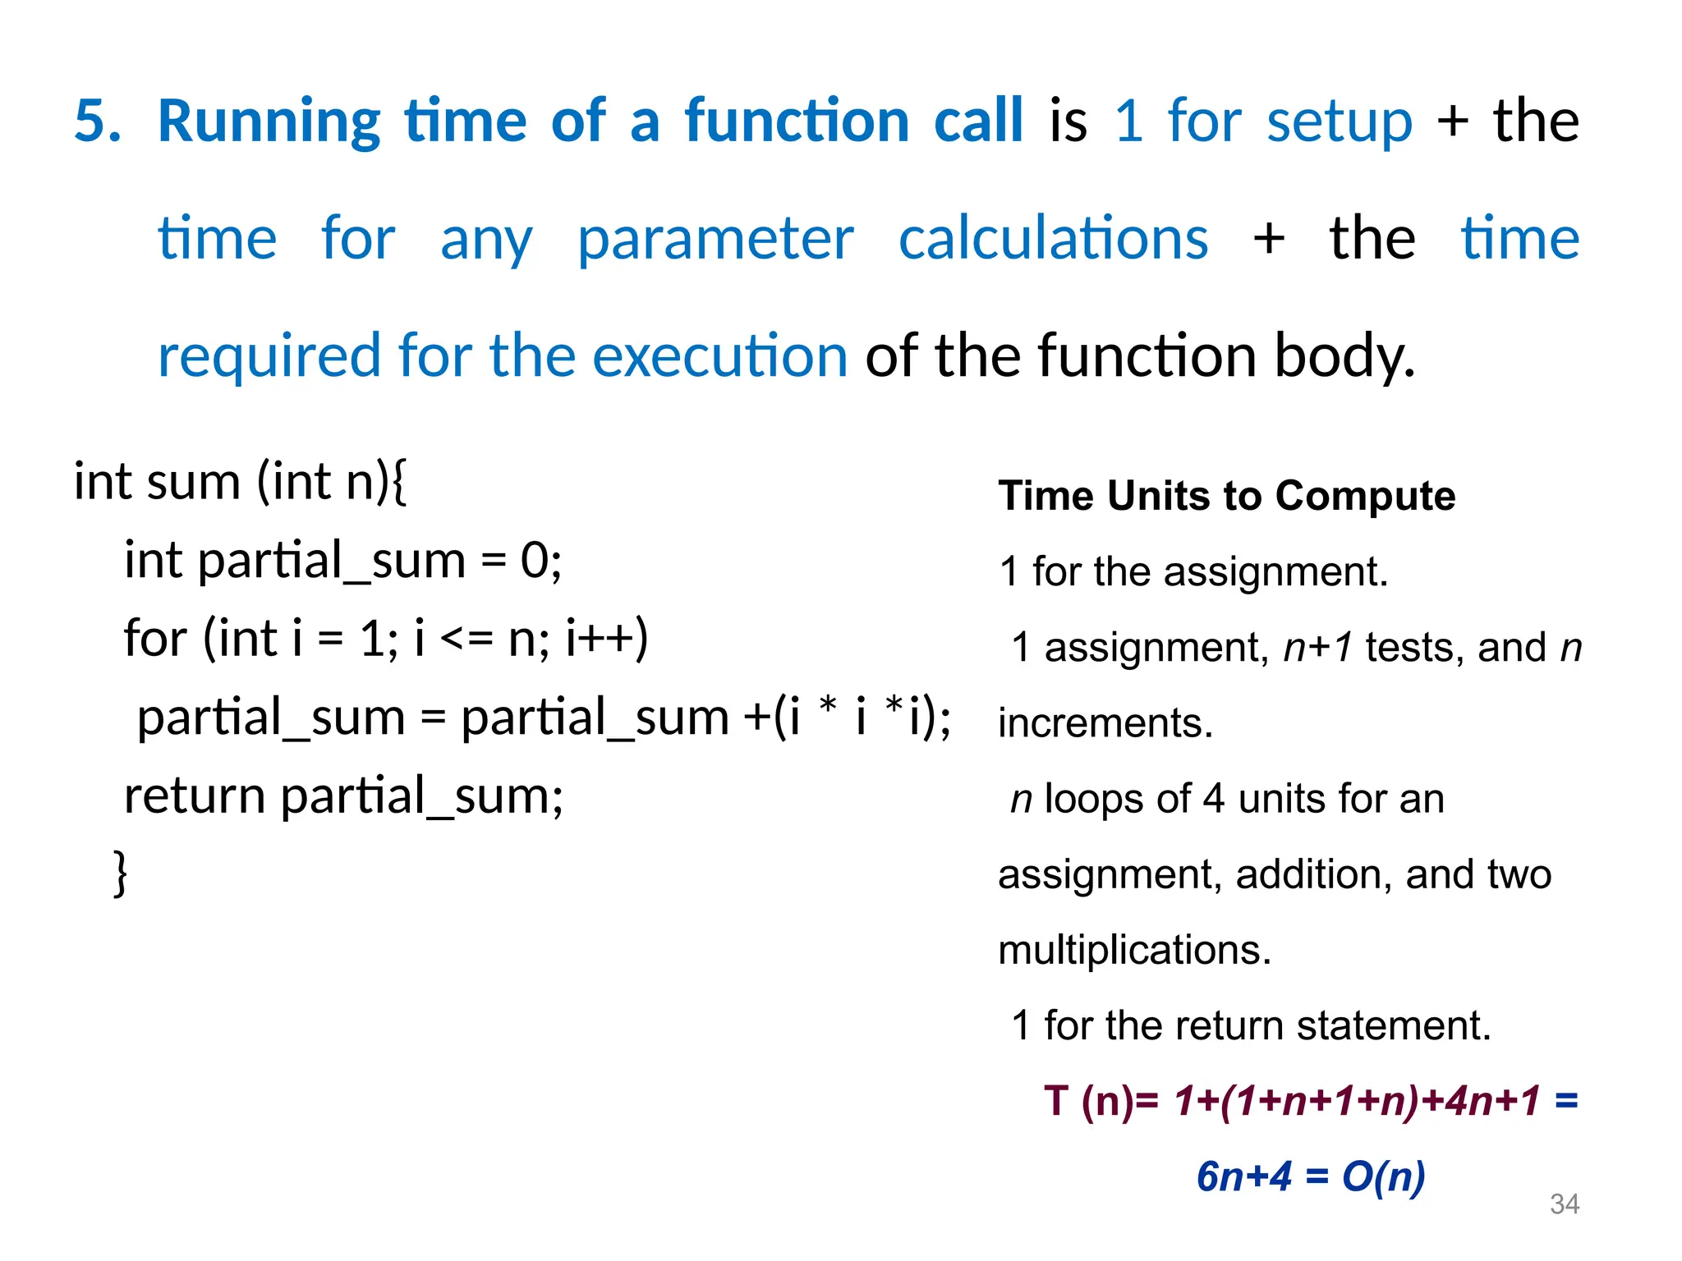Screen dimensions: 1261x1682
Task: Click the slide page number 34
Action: pos(1564,1204)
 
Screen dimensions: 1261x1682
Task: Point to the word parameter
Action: pos(715,240)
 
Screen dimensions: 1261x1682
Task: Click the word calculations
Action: pos(1053,238)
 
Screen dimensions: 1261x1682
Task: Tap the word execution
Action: pos(719,356)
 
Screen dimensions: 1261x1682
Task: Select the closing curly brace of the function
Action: pos(120,873)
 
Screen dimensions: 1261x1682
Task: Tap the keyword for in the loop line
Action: pos(155,638)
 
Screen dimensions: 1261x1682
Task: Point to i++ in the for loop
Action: pos(606,638)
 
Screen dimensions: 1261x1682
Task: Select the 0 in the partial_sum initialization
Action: pos(535,561)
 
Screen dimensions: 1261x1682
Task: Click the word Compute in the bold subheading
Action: pos(1365,496)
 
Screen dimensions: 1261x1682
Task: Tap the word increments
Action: pos(1105,723)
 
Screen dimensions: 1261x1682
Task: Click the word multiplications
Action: pos(1133,950)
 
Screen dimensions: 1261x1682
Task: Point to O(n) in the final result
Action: pos(1383,1176)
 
